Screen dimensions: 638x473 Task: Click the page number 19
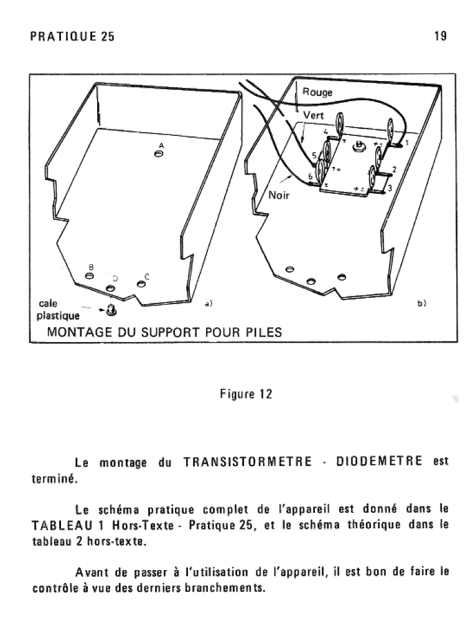pyautogui.click(x=440, y=36)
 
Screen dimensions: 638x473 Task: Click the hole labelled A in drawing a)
pyautogui.click(x=160, y=155)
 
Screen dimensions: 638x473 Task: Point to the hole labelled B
pyautogui.click(x=90, y=275)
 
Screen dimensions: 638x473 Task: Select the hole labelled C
pyautogui.click(x=141, y=284)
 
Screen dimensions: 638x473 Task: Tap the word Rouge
pyautogui.click(x=317, y=92)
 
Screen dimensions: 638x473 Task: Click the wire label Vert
pyautogui.click(x=314, y=116)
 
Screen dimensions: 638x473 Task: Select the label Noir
pyautogui.click(x=279, y=195)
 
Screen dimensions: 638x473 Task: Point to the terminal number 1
pyautogui.click(x=407, y=143)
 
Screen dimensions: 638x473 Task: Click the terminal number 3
pyautogui.click(x=390, y=188)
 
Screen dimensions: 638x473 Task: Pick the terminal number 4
pyautogui.click(x=325, y=132)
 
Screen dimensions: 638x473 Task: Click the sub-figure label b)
pyautogui.click(x=421, y=303)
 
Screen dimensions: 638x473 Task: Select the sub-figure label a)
pyautogui.click(x=208, y=303)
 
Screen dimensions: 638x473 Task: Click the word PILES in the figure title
pyautogui.click(x=263, y=332)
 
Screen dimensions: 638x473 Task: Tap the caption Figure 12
pyautogui.click(x=246, y=394)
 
